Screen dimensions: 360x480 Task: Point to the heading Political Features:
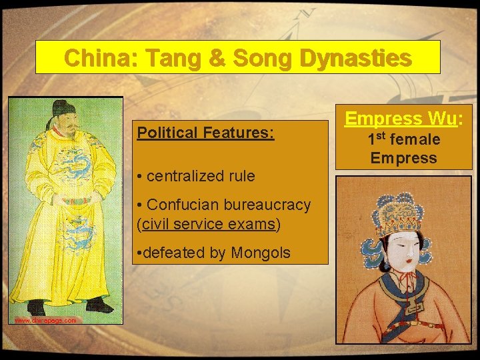[x=205, y=133]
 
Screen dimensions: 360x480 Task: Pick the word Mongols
[x=261, y=253]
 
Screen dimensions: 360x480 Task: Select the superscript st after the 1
[x=385, y=135]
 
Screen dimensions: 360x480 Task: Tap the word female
[x=415, y=139]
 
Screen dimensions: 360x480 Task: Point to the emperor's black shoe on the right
[x=99, y=305]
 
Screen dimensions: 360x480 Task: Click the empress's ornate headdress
[x=398, y=214]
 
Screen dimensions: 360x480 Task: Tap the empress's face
[x=401, y=253]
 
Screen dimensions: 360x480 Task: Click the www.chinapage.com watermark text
[x=45, y=321]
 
